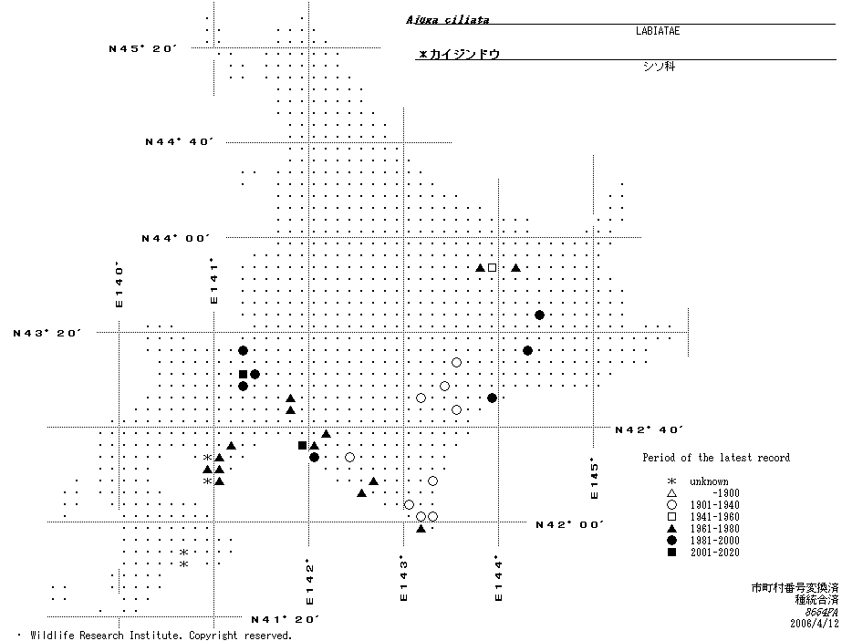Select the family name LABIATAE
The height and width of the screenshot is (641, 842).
click(x=657, y=31)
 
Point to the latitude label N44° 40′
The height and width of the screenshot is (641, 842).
click(x=180, y=141)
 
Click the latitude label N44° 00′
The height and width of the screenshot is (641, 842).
click(x=176, y=238)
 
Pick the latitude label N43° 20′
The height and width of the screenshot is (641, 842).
click(x=47, y=333)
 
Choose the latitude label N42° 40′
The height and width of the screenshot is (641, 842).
click(x=649, y=429)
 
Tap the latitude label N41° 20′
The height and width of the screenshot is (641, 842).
click(x=285, y=620)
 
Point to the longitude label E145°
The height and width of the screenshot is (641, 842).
click(x=593, y=478)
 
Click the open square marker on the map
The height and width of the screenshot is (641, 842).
click(x=492, y=267)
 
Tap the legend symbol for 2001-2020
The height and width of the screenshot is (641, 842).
click(x=671, y=553)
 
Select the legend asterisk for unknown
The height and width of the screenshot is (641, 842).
click(x=671, y=481)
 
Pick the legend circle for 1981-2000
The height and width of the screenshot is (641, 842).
click(x=671, y=541)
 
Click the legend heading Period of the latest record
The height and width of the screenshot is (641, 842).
click(x=715, y=458)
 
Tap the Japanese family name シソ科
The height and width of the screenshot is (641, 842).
click(x=657, y=67)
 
